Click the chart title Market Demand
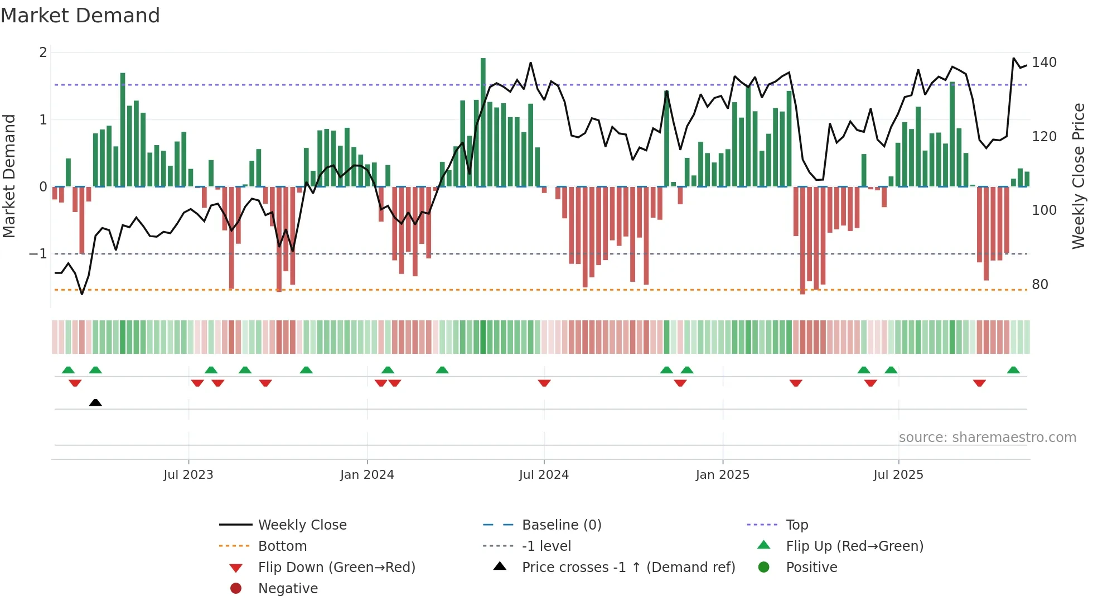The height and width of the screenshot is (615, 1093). click(80, 16)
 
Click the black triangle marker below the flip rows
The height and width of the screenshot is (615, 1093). click(95, 402)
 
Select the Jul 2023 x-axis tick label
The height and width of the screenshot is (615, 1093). click(188, 475)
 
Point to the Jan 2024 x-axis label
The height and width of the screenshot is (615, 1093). click(367, 475)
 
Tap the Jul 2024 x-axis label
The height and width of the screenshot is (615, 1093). click(544, 475)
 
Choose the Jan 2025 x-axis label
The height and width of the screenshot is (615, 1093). click(723, 475)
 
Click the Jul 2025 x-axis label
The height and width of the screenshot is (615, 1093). click(898, 475)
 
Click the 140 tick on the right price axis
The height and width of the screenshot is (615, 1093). click(1044, 63)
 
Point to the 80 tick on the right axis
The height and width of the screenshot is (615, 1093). click(1040, 285)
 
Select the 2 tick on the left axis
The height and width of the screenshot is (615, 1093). click(43, 52)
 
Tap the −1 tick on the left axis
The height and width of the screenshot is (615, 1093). click(38, 254)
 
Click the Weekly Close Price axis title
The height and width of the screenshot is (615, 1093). click(1079, 176)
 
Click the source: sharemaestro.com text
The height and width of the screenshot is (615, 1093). click(987, 438)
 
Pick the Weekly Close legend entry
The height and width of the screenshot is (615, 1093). click(302, 525)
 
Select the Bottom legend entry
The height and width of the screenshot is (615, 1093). click(282, 546)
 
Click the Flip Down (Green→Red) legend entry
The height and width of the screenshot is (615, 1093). click(336, 568)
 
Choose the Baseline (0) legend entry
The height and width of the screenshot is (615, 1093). click(561, 525)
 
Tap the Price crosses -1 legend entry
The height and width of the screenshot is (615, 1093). click(628, 568)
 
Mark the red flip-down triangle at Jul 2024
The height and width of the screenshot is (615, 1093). click(544, 383)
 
